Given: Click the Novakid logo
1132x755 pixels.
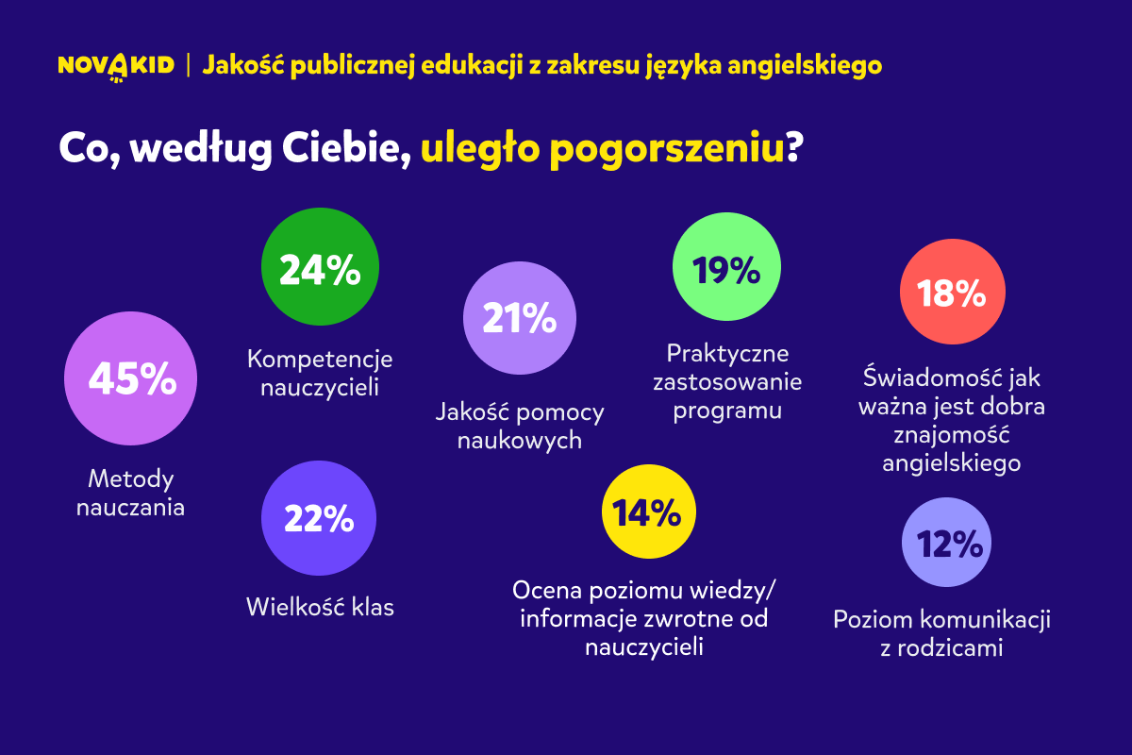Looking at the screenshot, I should (x=116, y=66).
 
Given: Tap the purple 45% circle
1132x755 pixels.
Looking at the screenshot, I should (x=131, y=379).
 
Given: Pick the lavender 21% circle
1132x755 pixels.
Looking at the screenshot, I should (x=519, y=319).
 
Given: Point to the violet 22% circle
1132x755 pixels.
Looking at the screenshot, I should (x=319, y=519).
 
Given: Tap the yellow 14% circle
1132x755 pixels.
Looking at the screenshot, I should (x=648, y=513).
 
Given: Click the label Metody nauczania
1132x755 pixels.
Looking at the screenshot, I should (x=131, y=493).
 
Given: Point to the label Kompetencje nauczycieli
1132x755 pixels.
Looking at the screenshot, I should (x=320, y=373).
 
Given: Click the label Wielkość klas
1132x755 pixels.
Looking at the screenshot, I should (x=320, y=606).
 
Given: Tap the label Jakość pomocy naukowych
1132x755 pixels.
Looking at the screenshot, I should (x=520, y=427).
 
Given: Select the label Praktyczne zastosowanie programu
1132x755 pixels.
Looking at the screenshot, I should (x=727, y=382).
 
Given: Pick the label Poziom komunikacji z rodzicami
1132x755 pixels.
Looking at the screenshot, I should (x=941, y=634).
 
